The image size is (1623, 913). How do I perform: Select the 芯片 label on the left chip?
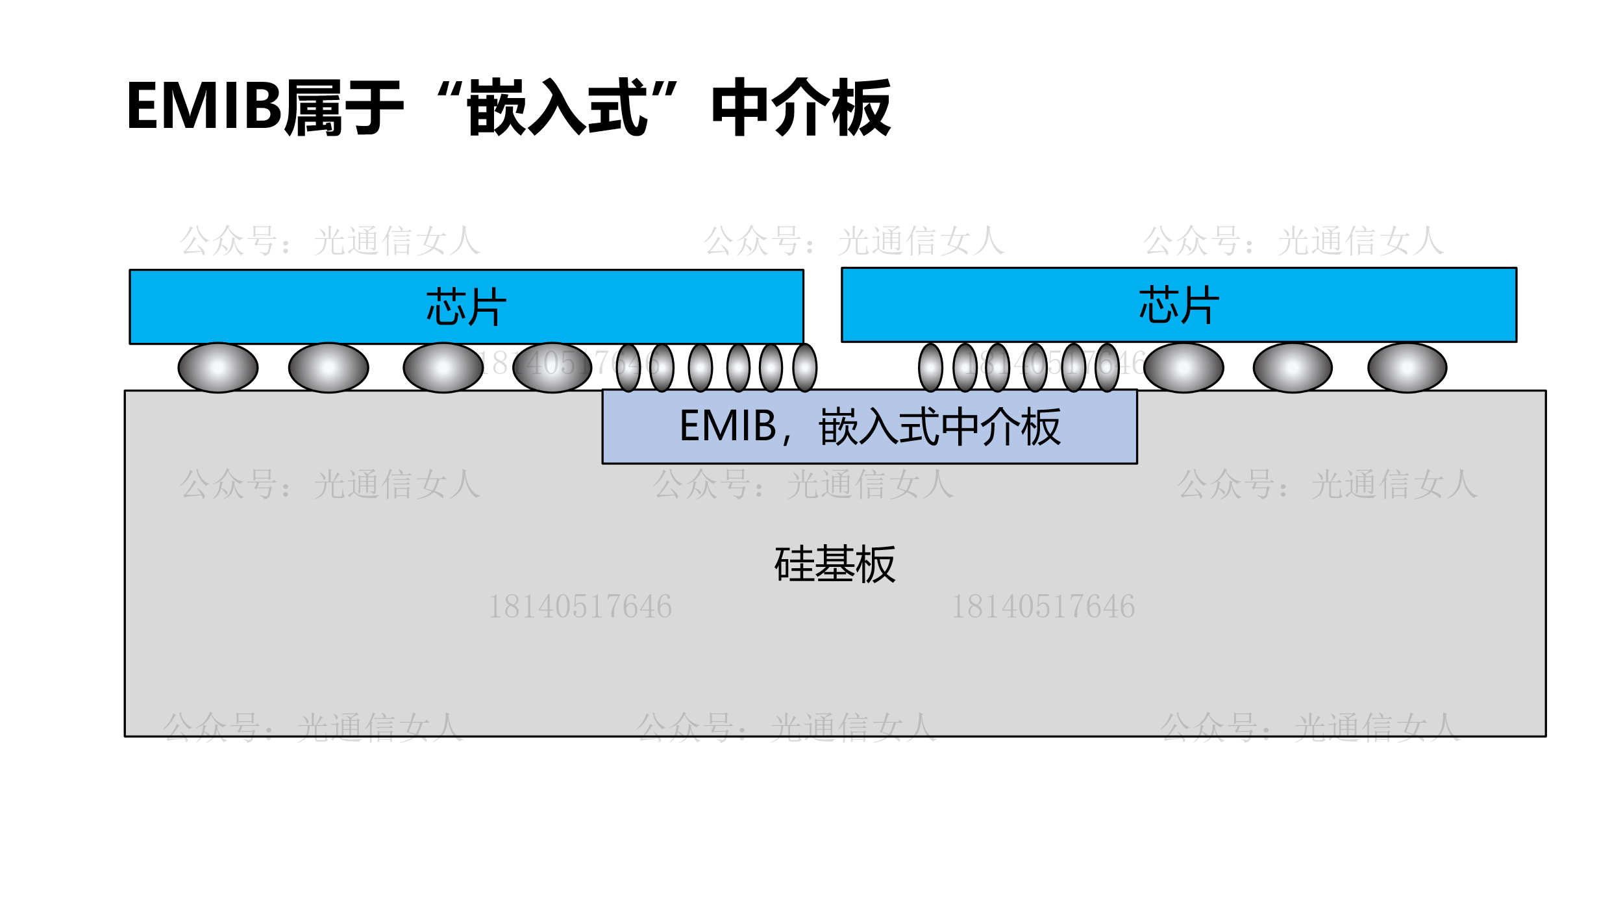466,306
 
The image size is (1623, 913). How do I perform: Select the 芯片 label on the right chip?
1179,305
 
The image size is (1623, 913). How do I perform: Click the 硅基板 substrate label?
835,564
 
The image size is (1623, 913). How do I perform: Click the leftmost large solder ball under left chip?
218,368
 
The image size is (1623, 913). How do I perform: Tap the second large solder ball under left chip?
328,368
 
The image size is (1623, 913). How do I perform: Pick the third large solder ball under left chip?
443,368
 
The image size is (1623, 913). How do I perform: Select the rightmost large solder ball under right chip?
1407,368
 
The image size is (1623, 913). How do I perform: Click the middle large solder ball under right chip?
1293,368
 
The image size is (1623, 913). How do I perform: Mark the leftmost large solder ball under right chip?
1183,368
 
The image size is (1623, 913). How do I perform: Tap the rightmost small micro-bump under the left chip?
805,368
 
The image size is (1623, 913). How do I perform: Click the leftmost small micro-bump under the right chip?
930,368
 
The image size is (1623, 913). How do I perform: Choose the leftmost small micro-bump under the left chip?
628,368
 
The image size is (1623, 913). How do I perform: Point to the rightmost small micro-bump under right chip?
1107,368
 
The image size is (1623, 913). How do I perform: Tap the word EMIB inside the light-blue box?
728,426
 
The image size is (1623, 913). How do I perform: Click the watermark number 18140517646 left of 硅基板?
580,607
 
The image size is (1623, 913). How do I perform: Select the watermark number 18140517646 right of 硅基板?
1043,607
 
